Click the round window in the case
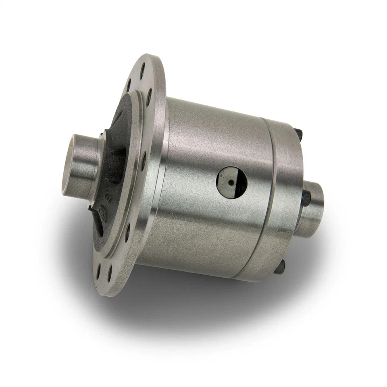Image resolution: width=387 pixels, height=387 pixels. click(x=232, y=183)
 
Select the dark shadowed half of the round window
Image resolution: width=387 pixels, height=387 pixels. click(x=240, y=184)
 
